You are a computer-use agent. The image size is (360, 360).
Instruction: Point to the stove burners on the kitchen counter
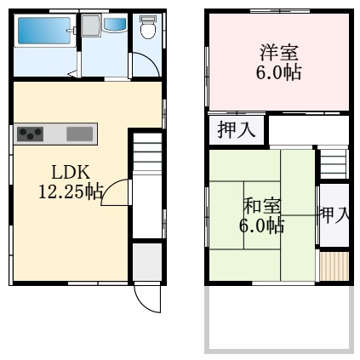click(31, 133)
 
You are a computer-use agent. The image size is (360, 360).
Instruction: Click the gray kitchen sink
click(79, 133)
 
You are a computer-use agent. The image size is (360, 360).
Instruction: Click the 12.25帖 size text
click(66, 191)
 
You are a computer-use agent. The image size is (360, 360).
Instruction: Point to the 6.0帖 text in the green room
click(260, 226)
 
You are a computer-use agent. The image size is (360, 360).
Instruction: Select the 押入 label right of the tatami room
click(334, 214)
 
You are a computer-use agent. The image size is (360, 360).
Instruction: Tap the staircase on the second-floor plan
click(334, 163)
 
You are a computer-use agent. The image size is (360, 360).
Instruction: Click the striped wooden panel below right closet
click(334, 266)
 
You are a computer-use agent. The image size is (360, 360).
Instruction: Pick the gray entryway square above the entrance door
click(146, 262)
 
